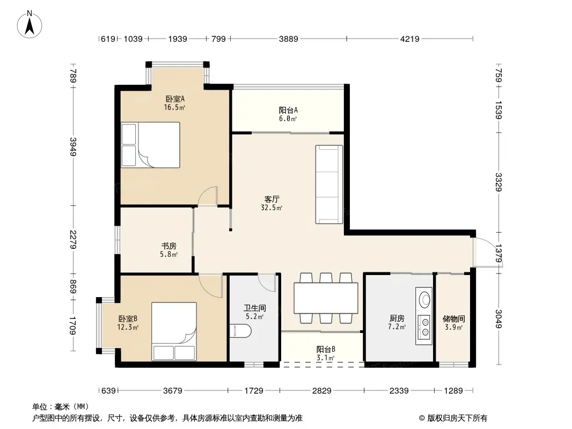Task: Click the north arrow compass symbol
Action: (30, 25)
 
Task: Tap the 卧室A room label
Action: (175, 99)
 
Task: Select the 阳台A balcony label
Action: (288, 110)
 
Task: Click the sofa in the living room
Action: (329, 184)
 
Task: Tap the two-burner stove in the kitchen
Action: (424, 327)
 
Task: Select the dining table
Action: (326, 298)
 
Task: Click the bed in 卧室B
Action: (174, 331)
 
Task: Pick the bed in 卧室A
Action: (150, 145)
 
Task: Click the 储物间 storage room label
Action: (453, 319)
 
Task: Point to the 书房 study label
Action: (169, 246)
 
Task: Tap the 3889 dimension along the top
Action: (289, 39)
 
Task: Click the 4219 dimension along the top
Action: (409, 39)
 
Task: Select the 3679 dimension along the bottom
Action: (173, 391)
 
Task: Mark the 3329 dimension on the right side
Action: (498, 182)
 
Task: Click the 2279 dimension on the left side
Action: (73, 240)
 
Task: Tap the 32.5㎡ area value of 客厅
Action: (272, 208)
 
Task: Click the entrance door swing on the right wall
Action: (487, 252)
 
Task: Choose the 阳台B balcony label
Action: (326, 350)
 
